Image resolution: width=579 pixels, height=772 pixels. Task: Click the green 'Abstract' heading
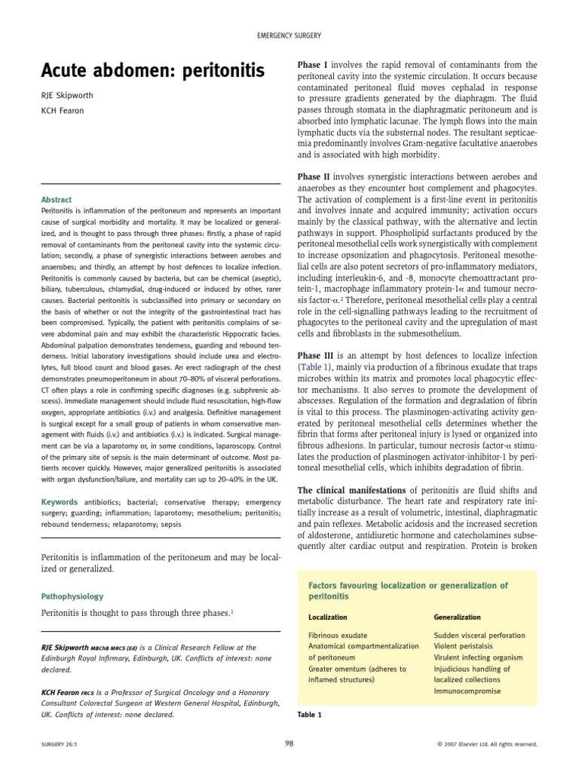point(57,199)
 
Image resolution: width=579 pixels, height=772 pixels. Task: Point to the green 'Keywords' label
point(59,502)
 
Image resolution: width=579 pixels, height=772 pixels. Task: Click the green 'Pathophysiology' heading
point(72,596)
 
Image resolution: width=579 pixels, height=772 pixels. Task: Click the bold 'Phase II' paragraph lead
point(315,176)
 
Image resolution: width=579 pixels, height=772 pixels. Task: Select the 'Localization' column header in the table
point(328,617)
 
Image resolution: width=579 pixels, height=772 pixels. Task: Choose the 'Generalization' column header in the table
point(457,617)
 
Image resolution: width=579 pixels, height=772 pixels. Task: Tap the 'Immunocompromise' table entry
point(467,691)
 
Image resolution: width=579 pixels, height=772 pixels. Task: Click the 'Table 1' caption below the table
point(309,714)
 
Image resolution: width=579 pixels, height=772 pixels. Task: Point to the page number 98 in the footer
point(289,743)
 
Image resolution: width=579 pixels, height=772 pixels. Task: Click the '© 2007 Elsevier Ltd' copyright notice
point(486,743)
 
